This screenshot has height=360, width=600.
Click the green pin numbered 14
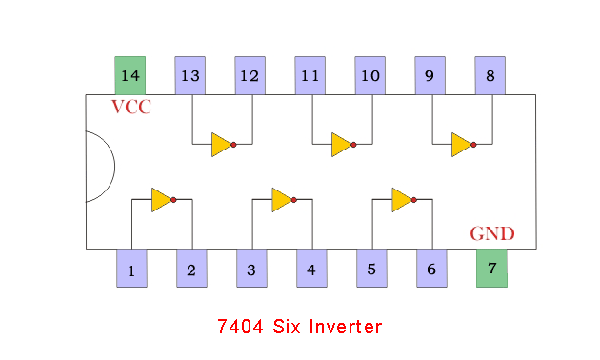click(130, 75)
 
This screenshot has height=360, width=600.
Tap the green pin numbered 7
click(491, 268)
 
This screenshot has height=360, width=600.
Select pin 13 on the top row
click(190, 75)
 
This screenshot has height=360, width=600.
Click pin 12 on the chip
click(250, 75)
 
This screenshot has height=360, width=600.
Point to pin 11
click(310, 75)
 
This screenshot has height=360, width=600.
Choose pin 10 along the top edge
click(370, 75)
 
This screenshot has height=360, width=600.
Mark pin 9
click(430, 75)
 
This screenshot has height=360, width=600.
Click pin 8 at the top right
click(490, 75)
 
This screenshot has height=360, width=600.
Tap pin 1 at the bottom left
click(131, 269)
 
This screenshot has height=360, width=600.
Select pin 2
click(191, 269)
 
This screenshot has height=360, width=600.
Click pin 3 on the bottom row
click(251, 269)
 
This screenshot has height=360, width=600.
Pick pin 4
click(311, 269)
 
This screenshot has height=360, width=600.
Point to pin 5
click(371, 269)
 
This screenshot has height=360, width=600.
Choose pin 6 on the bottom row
click(431, 269)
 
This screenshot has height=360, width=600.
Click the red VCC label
click(131, 107)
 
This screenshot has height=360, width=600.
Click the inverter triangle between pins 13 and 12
click(221, 145)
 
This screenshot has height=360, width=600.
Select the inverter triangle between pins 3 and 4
click(281, 199)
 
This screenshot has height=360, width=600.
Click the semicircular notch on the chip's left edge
click(99, 167)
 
